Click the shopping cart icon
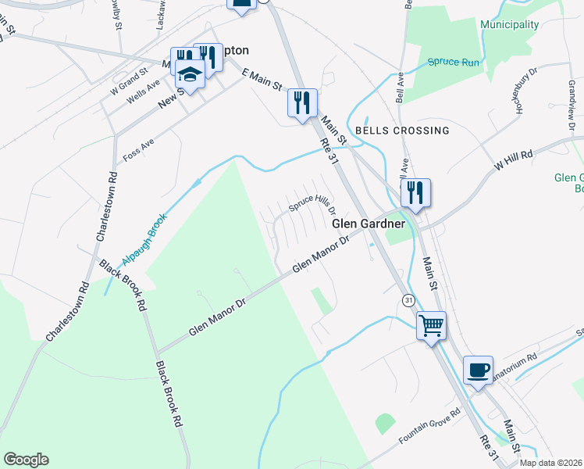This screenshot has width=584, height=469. (431, 324)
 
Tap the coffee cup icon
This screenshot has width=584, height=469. (478, 369)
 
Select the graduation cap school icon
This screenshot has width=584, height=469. (189, 73)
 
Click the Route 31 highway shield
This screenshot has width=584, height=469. (408, 300)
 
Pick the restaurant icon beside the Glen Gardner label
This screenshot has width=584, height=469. (415, 192)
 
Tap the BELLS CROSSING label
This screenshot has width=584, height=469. (402, 131)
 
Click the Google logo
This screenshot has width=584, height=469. (26, 460)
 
